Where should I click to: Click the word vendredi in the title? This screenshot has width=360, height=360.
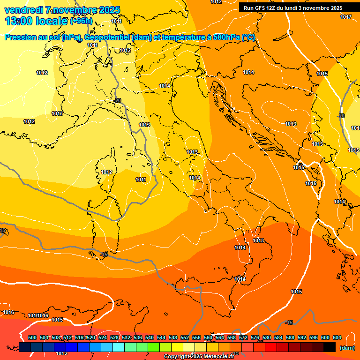click(23, 10)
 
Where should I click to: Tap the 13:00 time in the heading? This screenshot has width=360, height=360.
click(19, 21)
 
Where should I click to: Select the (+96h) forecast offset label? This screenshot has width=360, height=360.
click(81, 22)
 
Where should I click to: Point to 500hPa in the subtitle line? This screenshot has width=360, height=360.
click(226, 37)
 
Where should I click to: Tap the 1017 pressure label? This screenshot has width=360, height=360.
click(346, 17)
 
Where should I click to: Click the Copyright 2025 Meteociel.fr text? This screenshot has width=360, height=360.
click(199, 357)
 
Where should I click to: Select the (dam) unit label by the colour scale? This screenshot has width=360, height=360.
click(346, 348)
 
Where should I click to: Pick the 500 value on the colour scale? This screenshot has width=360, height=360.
click(32, 337)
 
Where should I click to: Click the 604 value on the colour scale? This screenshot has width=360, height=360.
click(337, 337)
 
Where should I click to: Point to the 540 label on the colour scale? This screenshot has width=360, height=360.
click(150, 337)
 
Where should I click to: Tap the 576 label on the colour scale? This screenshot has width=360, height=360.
click(255, 337)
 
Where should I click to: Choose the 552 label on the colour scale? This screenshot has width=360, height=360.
click(185, 337)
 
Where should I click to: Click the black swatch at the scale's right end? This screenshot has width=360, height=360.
click(330, 347)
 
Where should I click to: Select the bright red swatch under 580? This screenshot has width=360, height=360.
click(271, 347)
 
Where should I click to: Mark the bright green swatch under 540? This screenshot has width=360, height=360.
click(154, 347)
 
